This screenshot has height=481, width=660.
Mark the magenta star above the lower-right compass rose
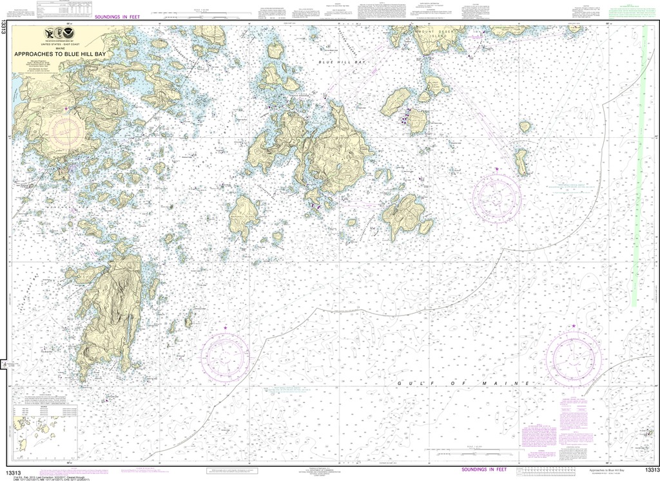click(572, 327)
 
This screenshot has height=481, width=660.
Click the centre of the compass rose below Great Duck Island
click(496, 195)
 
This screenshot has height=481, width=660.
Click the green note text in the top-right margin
click(628, 14)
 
